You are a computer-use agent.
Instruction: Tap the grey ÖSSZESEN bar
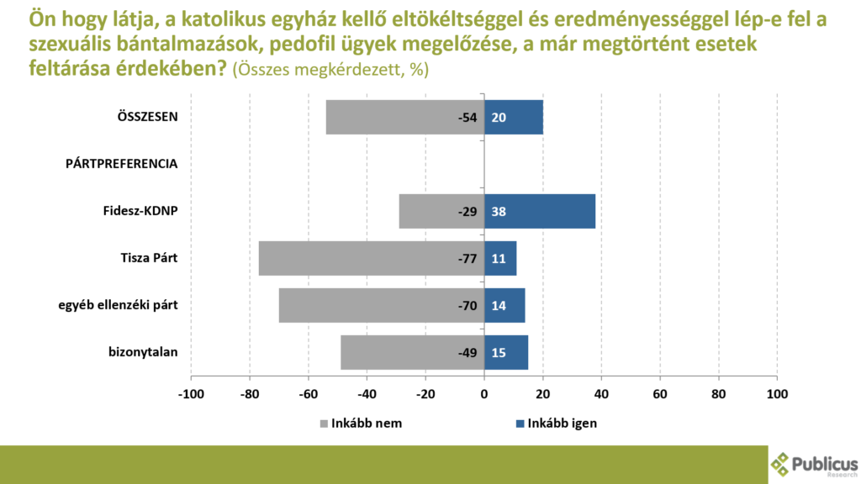tap(395, 118)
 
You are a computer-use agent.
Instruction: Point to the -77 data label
tap(467, 259)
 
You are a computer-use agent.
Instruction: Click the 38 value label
tap(499, 212)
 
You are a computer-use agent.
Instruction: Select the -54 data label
tap(467, 118)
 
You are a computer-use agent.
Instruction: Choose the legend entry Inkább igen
tap(555, 423)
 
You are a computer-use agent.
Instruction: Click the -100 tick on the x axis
tap(191, 393)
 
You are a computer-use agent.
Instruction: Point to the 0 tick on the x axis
tap(484, 393)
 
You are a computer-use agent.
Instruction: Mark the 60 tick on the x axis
tap(660, 393)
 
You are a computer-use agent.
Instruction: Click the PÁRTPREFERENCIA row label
tap(121, 164)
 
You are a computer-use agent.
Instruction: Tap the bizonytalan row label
tap(142, 352)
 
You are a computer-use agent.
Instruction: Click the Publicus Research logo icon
tap(781, 463)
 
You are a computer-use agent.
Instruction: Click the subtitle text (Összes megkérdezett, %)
tap(330, 71)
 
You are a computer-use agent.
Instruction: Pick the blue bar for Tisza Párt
tap(500, 259)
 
